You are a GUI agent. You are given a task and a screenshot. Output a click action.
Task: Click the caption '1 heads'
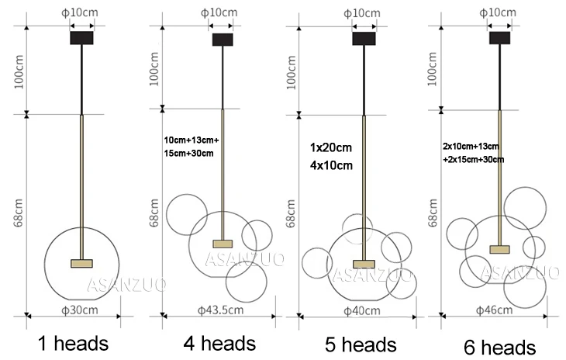(74, 344)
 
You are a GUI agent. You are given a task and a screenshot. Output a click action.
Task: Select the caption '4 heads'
(219, 344)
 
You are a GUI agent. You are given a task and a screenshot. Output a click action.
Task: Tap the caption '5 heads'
(361, 344)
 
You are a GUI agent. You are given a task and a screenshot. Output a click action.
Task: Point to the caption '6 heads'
(499, 348)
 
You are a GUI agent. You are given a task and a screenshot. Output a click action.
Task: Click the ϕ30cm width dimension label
(80, 310)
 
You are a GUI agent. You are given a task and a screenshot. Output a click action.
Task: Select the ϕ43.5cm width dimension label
(220, 310)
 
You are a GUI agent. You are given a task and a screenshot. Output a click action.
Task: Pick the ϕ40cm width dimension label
(361, 310)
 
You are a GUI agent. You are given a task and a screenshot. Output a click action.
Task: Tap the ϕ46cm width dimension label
(494, 310)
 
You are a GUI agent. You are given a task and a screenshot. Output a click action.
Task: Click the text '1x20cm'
(330, 147)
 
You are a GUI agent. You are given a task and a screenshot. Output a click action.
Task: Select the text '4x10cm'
(331, 165)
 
